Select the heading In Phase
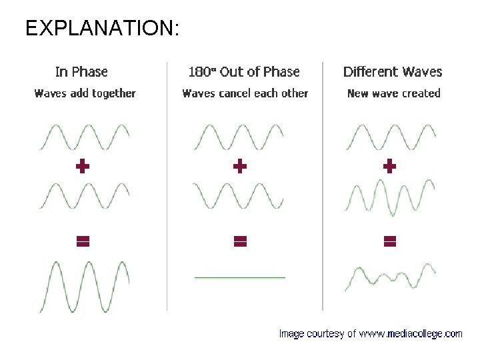81,72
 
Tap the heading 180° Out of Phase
244,72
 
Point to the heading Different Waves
393,72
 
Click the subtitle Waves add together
85,93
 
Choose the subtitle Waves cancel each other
245,93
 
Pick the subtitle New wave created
394,93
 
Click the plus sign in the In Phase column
83,166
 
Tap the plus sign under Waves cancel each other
240,166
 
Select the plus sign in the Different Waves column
390,166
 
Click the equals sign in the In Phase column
83,241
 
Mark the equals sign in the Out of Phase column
240,241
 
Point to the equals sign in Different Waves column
390,241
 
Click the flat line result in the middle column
240,277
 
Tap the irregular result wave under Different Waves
390,277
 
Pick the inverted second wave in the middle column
239,196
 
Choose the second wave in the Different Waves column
390,196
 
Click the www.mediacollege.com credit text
370,333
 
